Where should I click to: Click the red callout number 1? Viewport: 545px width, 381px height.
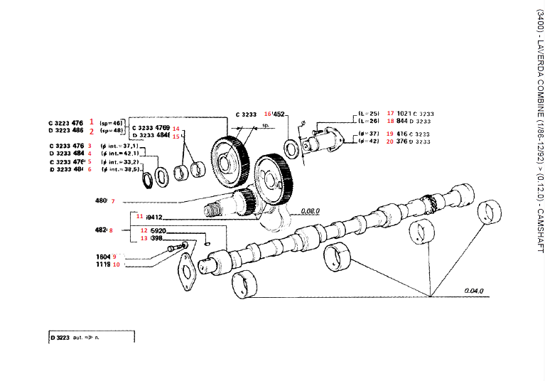click(91, 122)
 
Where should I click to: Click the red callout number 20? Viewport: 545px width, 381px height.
click(390, 141)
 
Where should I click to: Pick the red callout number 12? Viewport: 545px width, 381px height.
click(143, 231)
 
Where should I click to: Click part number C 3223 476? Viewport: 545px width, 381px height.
click(66, 123)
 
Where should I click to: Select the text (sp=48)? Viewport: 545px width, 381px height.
click(112, 131)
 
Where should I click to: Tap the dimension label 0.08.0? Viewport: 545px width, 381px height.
click(310, 211)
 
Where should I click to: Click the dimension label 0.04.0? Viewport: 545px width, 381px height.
click(474, 291)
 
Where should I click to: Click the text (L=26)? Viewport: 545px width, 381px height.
click(369, 122)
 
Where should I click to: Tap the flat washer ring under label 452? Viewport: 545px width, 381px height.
click(291, 147)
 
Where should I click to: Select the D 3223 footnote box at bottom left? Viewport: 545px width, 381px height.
click(91, 337)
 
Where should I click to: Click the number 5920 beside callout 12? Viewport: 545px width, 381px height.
click(158, 231)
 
